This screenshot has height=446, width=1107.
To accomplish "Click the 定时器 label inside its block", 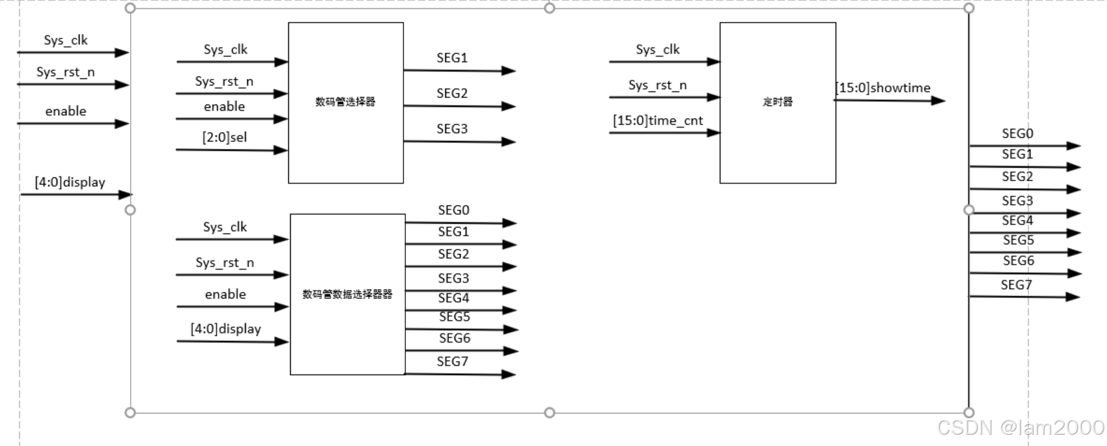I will [x=778, y=102].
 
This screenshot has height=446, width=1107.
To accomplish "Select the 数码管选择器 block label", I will [x=346, y=102].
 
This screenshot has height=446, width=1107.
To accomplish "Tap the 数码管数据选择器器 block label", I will [x=347, y=294].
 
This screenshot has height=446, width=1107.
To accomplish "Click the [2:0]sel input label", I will [x=225, y=137].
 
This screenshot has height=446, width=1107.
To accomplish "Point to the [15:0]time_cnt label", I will [x=658, y=120].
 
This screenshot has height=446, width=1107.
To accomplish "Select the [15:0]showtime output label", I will [x=883, y=88].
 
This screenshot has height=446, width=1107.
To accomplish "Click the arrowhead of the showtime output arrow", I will [x=938, y=100].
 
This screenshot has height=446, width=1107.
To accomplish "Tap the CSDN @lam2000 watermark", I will [x=1020, y=427].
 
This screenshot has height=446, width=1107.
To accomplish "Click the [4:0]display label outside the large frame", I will [x=70, y=182].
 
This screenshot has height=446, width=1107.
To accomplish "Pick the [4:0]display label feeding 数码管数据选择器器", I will [x=225, y=329].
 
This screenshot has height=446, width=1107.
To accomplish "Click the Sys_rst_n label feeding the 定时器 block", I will [x=657, y=85].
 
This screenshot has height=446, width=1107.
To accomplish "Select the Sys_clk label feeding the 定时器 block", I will [x=657, y=49].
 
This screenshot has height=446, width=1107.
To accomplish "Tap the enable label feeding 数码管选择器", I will [x=224, y=107].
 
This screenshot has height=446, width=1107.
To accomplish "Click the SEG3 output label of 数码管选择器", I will [x=452, y=129].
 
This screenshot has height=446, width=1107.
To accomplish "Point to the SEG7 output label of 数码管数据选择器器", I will [x=453, y=361].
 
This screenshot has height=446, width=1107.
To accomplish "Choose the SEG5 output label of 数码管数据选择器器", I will [x=455, y=317].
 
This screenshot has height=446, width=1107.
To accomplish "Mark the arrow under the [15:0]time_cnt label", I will [x=664, y=133].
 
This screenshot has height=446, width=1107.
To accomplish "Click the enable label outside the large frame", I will [x=65, y=111].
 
